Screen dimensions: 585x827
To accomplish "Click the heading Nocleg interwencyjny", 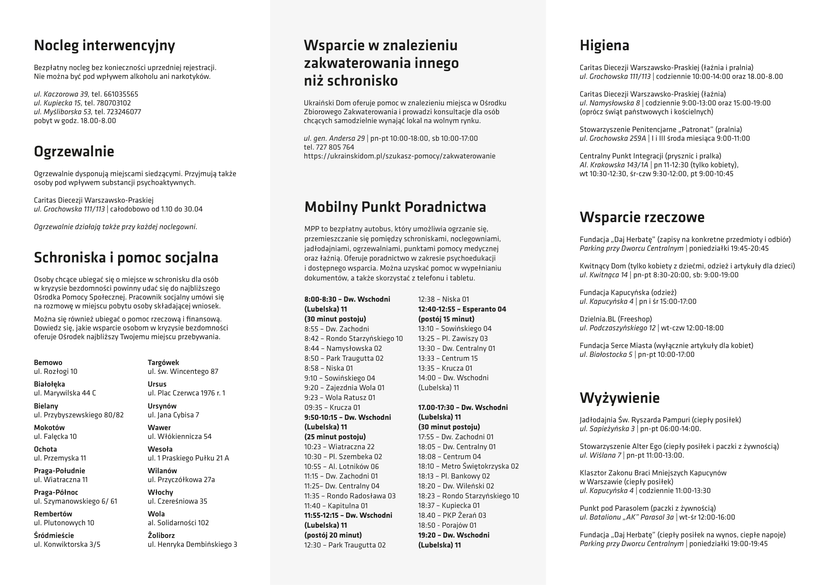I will point(104,46).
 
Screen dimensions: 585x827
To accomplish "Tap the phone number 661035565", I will point(121,94).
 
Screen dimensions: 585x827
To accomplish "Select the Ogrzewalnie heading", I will point(74,152).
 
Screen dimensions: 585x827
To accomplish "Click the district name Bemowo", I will point(48,363).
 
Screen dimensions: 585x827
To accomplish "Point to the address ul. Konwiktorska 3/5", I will point(67,544).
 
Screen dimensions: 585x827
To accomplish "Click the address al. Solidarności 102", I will point(178,523).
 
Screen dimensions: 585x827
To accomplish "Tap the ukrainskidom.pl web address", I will point(400,156).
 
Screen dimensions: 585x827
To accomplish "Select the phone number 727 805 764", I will point(334,147).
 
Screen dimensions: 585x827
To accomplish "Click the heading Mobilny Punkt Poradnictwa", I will point(395,207).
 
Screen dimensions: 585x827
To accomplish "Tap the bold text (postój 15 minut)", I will point(446,319).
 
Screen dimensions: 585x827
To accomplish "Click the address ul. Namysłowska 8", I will point(610,103).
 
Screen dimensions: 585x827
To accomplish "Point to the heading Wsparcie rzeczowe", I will point(642,218).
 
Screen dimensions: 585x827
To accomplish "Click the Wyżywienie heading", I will point(619,398).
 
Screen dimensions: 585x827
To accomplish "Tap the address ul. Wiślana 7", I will point(600,455).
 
